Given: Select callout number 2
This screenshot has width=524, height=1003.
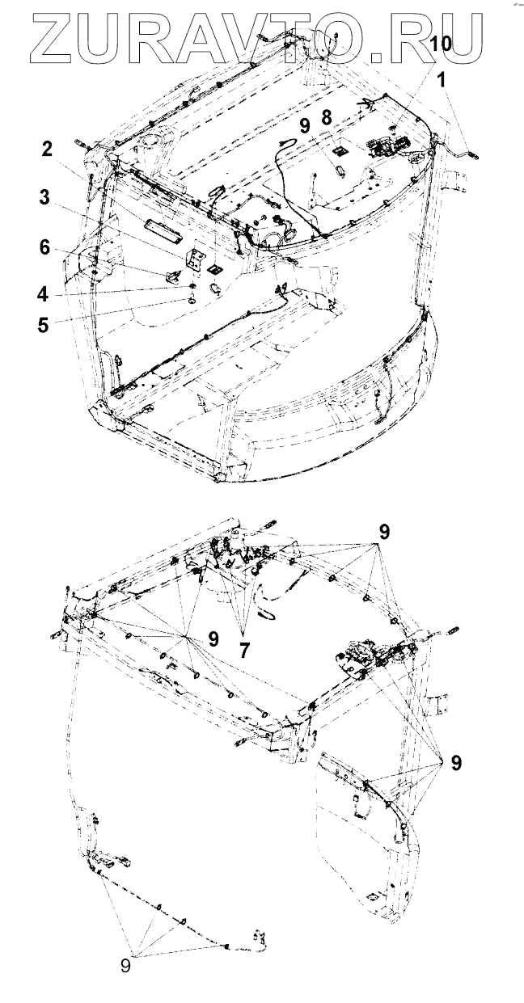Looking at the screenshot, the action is click(x=48, y=149).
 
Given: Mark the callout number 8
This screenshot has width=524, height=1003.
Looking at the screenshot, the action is click(x=326, y=116).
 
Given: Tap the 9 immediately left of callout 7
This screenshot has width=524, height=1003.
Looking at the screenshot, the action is click(x=213, y=638).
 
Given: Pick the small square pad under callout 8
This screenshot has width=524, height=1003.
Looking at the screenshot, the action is click(x=340, y=150).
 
